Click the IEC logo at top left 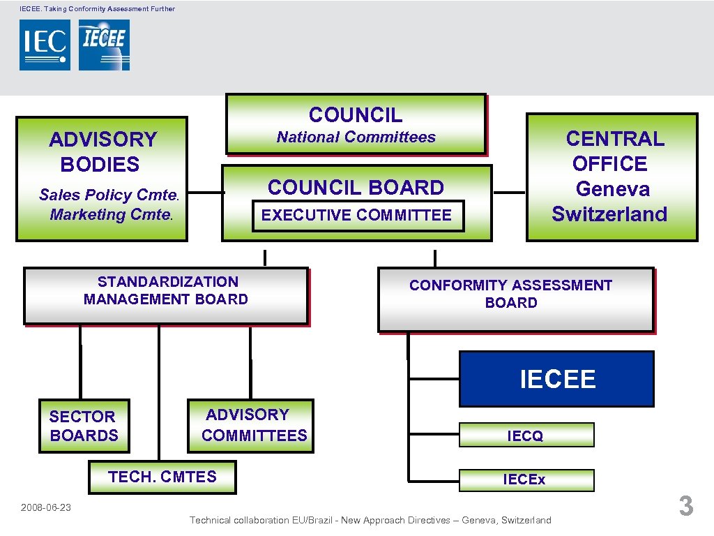(45, 45)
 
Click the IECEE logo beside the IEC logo (104, 45)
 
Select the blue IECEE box (556, 379)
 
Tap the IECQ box (526, 435)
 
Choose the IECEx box (526, 479)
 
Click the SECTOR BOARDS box (84, 426)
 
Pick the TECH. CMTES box (162, 477)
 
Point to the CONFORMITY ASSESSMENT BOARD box (515, 299)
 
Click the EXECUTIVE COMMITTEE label (356, 215)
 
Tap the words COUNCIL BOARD (356, 188)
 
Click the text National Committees (356, 137)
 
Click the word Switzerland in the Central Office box (609, 214)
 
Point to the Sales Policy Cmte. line (109, 195)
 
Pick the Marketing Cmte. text (110, 214)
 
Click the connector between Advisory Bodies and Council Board (206, 193)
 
